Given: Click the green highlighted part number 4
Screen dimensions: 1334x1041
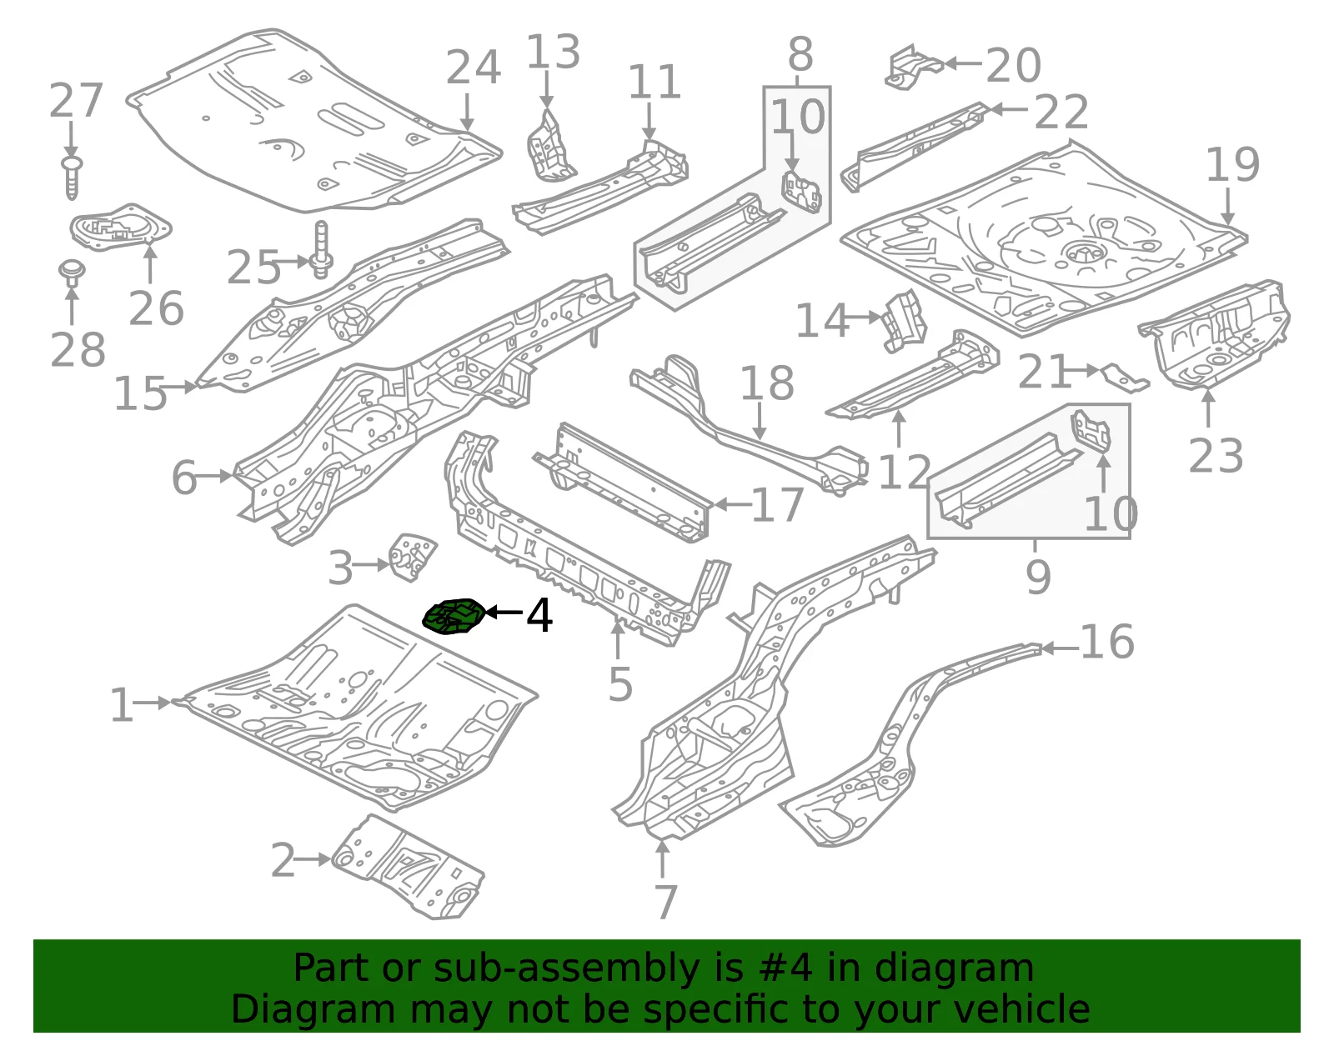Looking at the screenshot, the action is (454, 617).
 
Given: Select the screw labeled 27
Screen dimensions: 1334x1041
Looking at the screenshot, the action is (72, 178).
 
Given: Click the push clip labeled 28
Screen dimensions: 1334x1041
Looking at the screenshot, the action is (72, 273).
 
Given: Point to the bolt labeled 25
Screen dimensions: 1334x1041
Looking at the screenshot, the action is (323, 249).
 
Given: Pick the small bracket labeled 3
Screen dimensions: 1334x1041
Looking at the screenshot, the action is (413, 557).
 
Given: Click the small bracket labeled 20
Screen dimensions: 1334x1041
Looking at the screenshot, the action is (913, 67).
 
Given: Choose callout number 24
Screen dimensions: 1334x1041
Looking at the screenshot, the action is (473, 68).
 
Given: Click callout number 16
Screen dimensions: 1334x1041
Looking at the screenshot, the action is (1107, 642).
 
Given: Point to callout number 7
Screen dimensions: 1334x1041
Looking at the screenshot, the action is (665, 902).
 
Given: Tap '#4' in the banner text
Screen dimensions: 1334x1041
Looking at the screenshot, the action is (785, 968).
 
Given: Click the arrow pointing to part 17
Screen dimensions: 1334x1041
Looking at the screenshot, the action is (733, 505).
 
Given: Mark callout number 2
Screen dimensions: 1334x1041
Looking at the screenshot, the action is (283, 860).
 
